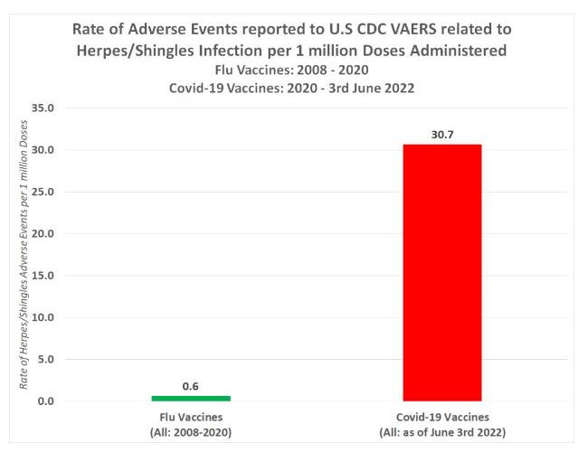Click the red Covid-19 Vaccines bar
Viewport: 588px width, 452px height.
click(442, 272)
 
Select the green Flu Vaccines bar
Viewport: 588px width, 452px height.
click(190, 398)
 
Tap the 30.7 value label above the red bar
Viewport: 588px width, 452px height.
click(442, 135)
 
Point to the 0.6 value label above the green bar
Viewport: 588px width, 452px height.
click(190, 386)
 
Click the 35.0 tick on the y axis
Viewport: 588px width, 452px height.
click(43, 108)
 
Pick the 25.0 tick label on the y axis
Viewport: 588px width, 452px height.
click(43, 192)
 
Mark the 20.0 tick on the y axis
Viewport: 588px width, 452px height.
click(43, 233)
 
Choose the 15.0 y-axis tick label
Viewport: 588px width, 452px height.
click(43, 276)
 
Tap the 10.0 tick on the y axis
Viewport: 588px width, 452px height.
click(43, 317)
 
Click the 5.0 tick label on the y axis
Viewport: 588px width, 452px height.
click(45, 359)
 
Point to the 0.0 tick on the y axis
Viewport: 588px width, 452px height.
click(45, 401)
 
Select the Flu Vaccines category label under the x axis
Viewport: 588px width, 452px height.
click(190, 417)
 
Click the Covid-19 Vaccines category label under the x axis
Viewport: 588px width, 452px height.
click(442, 417)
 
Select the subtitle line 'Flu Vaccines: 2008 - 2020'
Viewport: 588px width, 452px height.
click(294, 70)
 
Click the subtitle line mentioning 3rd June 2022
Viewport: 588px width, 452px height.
click(294, 88)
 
